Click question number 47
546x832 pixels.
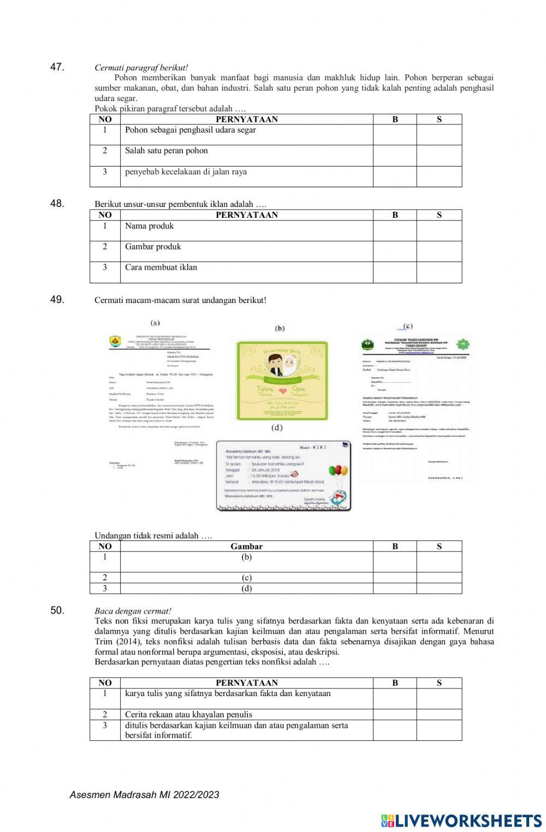click(57, 67)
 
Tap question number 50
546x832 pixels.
click(57, 610)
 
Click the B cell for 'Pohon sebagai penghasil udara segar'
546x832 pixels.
click(395, 135)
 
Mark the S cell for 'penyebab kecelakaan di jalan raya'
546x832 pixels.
click(439, 176)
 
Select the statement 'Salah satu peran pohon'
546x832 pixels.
click(167, 151)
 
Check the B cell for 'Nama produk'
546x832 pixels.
click(395, 230)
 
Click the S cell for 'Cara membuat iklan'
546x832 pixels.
click(439, 272)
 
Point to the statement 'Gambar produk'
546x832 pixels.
click(153, 247)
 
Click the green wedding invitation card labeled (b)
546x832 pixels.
click(282, 381)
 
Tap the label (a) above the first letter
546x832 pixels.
click(155, 323)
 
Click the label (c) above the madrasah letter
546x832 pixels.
click(407, 326)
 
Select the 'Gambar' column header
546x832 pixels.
click(246, 546)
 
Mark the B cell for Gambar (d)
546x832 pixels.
click(395, 589)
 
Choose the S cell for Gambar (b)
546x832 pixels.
click(439, 562)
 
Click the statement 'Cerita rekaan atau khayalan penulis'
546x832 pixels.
click(188, 714)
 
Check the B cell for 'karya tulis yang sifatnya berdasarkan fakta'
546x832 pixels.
click(395, 698)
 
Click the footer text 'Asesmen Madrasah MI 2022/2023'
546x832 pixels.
click(144, 795)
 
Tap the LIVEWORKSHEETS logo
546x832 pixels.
click(461, 820)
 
